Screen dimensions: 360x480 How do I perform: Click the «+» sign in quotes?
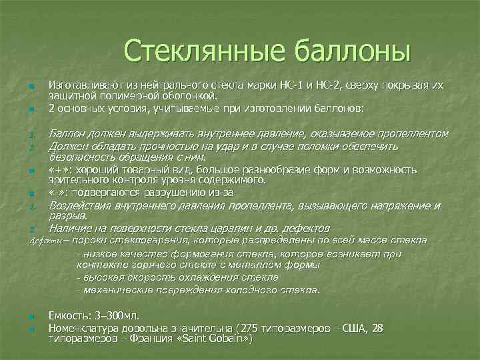coord(59,170)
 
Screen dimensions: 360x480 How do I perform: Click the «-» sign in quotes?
coord(57,193)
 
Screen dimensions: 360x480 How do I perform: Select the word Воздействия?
coord(81,205)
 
